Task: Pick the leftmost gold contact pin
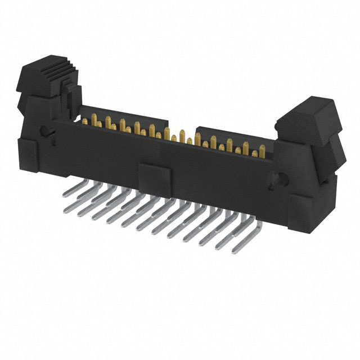92,120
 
